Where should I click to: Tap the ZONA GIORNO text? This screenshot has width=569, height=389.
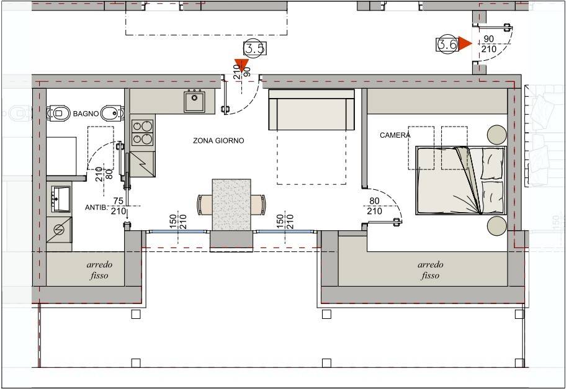click(218, 141)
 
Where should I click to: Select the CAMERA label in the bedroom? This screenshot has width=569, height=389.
click(395, 135)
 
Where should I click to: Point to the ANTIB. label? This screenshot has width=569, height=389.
click(97, 208)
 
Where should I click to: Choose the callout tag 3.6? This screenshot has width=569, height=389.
click(447, 44)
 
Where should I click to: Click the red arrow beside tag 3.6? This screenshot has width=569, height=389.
click(465, 44)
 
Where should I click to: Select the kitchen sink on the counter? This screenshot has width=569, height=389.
click(195, 101)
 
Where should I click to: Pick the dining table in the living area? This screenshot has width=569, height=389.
click(232, 205)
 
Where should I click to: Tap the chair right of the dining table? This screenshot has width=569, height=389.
click(259, 204)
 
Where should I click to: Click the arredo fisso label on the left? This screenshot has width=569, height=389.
click(99, 270)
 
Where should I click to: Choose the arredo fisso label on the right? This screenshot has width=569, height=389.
click(429, 270)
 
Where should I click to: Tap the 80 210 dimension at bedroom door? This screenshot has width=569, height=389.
click(374, 206)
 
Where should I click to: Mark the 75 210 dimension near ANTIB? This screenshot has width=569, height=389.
click(119, 206)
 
